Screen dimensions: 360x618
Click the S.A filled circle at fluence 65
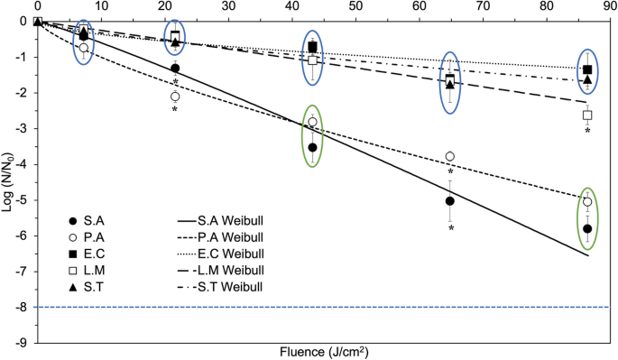click(x=449, y=201)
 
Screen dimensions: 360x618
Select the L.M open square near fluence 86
click(x=587, y=115)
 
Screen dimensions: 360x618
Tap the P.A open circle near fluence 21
click(x=174, y=96)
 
